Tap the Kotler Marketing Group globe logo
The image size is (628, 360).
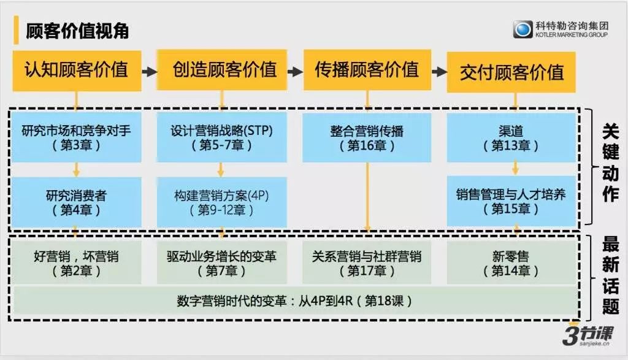523,29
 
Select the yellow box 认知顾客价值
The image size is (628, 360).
77,70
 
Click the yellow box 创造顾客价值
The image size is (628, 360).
220,70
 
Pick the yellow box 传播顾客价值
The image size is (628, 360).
367,70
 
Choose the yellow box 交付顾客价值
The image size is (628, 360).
511,72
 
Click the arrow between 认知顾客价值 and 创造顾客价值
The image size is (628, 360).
149,71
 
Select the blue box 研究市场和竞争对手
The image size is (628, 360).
77,137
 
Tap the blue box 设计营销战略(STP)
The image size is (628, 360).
221,137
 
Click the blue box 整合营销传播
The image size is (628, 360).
367,137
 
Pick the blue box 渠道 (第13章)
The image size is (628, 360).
511,137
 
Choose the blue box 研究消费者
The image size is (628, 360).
77,202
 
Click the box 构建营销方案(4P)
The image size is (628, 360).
221,202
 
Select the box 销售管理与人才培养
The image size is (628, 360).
511,202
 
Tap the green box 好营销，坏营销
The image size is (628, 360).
77,262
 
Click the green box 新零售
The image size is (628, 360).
511,262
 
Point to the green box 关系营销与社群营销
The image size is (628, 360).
367,262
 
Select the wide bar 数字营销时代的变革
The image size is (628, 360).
294,301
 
